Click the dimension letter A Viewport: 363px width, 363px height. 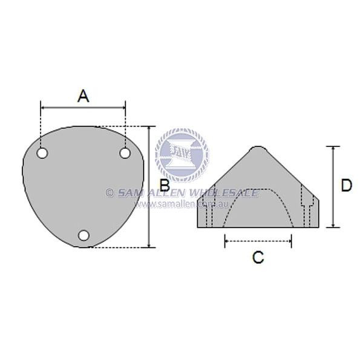83,95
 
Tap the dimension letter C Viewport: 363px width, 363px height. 258,257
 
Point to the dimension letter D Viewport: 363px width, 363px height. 345,185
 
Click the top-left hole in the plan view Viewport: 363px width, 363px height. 42,153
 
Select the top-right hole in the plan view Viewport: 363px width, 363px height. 125,153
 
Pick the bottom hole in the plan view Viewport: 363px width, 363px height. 84,235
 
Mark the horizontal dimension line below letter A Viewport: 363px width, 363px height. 83,108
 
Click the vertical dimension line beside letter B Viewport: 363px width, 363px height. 149,187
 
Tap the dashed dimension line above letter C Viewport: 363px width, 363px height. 258,241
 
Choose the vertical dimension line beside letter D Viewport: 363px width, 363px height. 332,187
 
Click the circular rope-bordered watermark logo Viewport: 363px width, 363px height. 181,154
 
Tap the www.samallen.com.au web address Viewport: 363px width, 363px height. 181,204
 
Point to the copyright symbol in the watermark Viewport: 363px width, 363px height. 110,193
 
